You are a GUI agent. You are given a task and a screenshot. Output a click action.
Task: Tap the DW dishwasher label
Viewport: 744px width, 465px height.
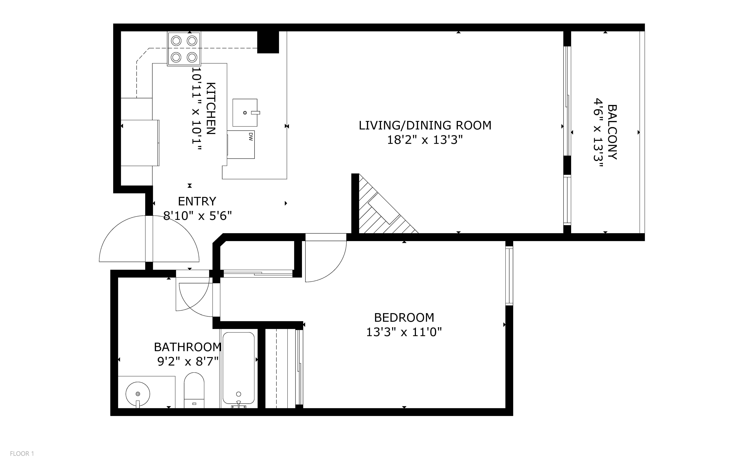pyautogui.click(x=250, y=137)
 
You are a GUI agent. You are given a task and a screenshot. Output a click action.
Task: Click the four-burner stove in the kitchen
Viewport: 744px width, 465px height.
pyautogui.click(x=184, y=49)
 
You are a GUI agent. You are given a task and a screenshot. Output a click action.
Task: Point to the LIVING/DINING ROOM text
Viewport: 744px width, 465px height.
pyautogui.click(x=425, y=126)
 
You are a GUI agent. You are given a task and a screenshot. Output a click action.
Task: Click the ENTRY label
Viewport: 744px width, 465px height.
pyautogui.click(x=197, y=201)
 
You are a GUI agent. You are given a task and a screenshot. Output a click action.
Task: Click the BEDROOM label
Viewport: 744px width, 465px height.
pyautogui.click(x=404, y=317)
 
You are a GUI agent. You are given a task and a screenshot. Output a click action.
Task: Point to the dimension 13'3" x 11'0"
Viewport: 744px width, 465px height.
pyautogui.click(x=404, y=332)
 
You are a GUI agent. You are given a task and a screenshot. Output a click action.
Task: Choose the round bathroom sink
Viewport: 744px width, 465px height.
pyautogui.click(x=138, y=394)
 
